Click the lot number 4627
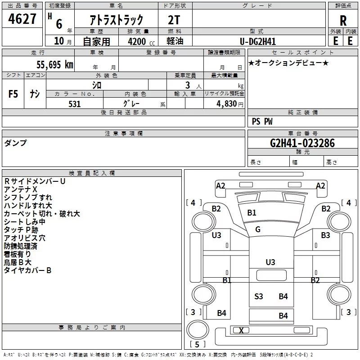click(22, 19)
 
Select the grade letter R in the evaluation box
click(343, 21)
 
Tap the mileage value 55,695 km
click(55, 64)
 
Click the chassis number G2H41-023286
click(302, 143)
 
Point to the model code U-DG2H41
click(257, 41)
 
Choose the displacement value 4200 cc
click(141, 42)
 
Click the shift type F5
click(13, 94)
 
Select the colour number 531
click(75, 104)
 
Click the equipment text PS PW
click(262, 121)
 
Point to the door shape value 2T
click(174, 20)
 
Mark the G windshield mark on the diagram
click(258, 229)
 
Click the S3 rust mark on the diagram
click(258, 297)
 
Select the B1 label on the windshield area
click(252, 213)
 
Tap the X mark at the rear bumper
click(241, 330)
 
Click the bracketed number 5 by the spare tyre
click(197, 344)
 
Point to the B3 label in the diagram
click(325, 235)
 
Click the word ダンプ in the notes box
click(15, 143)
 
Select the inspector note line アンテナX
click(20, 189)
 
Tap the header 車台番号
click(303, 133)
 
